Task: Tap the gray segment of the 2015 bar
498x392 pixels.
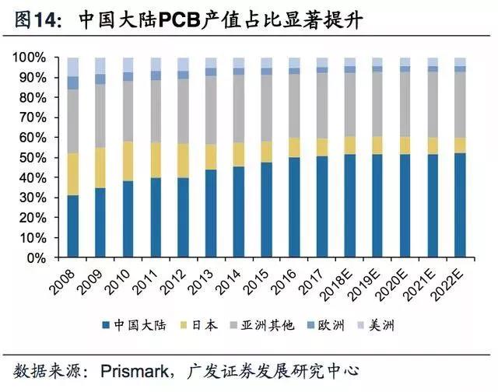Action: [266, 108]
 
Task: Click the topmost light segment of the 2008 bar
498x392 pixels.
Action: [73, 66]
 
